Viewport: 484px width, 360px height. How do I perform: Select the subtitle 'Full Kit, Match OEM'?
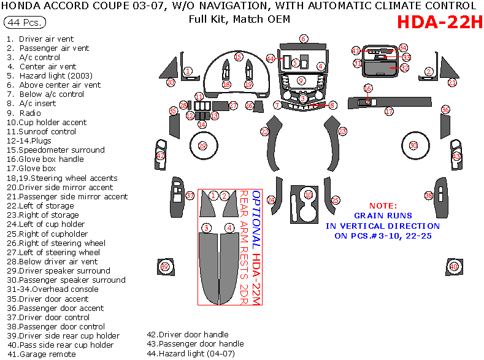239,18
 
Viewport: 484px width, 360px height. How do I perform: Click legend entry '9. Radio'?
24,113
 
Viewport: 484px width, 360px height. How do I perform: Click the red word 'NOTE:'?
383,205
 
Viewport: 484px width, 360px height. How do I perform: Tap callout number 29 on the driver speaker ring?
202,145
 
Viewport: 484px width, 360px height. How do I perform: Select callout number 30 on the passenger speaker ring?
413,145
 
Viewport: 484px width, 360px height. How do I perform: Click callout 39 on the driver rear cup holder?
164,267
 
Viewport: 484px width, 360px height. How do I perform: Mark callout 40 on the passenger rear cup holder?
453,267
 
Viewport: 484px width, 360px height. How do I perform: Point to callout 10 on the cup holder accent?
309,194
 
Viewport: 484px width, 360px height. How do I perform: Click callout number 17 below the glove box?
389,112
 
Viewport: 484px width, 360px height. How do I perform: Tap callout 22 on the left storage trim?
265,131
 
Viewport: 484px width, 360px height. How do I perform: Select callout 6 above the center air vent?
303,39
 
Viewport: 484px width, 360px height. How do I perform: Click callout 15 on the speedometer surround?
238,56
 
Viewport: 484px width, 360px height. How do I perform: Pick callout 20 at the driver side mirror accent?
171,82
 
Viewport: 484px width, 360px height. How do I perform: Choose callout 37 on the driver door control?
190,196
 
